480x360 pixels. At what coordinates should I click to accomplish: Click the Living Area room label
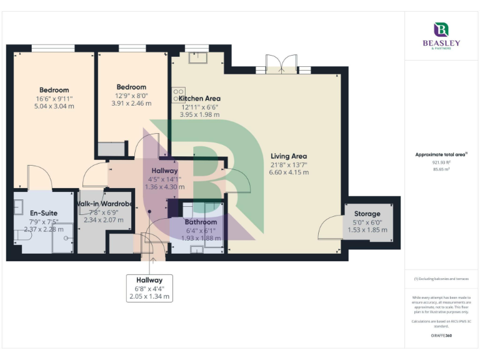(288, 156)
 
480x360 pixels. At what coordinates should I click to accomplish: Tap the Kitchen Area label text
(199, 98)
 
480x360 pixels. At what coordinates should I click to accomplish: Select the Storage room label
(367, 214)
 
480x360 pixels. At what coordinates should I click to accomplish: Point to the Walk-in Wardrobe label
(104, 204)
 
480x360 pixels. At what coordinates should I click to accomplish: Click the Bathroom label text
(201, 222)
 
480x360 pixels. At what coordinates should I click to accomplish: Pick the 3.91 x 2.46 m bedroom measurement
(131, 104)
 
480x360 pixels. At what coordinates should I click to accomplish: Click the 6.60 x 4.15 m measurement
(288, 172)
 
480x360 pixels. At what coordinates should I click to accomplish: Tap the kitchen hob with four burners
(177, 94)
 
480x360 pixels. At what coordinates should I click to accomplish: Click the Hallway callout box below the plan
(150, 288)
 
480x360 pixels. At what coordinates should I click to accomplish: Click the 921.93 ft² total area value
(442, 162)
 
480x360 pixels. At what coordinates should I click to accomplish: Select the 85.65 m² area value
(442, 169)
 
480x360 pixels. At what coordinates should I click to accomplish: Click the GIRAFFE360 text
(442, 336)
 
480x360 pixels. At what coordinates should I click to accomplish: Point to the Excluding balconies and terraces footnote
(442, 279)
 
